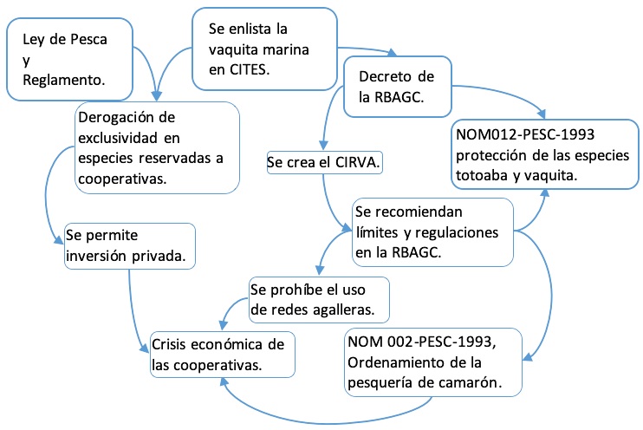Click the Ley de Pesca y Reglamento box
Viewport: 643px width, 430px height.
pos(70,56)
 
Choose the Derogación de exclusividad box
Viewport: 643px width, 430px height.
pos(156,147)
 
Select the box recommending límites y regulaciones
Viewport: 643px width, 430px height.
pos(433,231)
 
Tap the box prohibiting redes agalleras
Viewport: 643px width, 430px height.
pos(317,297)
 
